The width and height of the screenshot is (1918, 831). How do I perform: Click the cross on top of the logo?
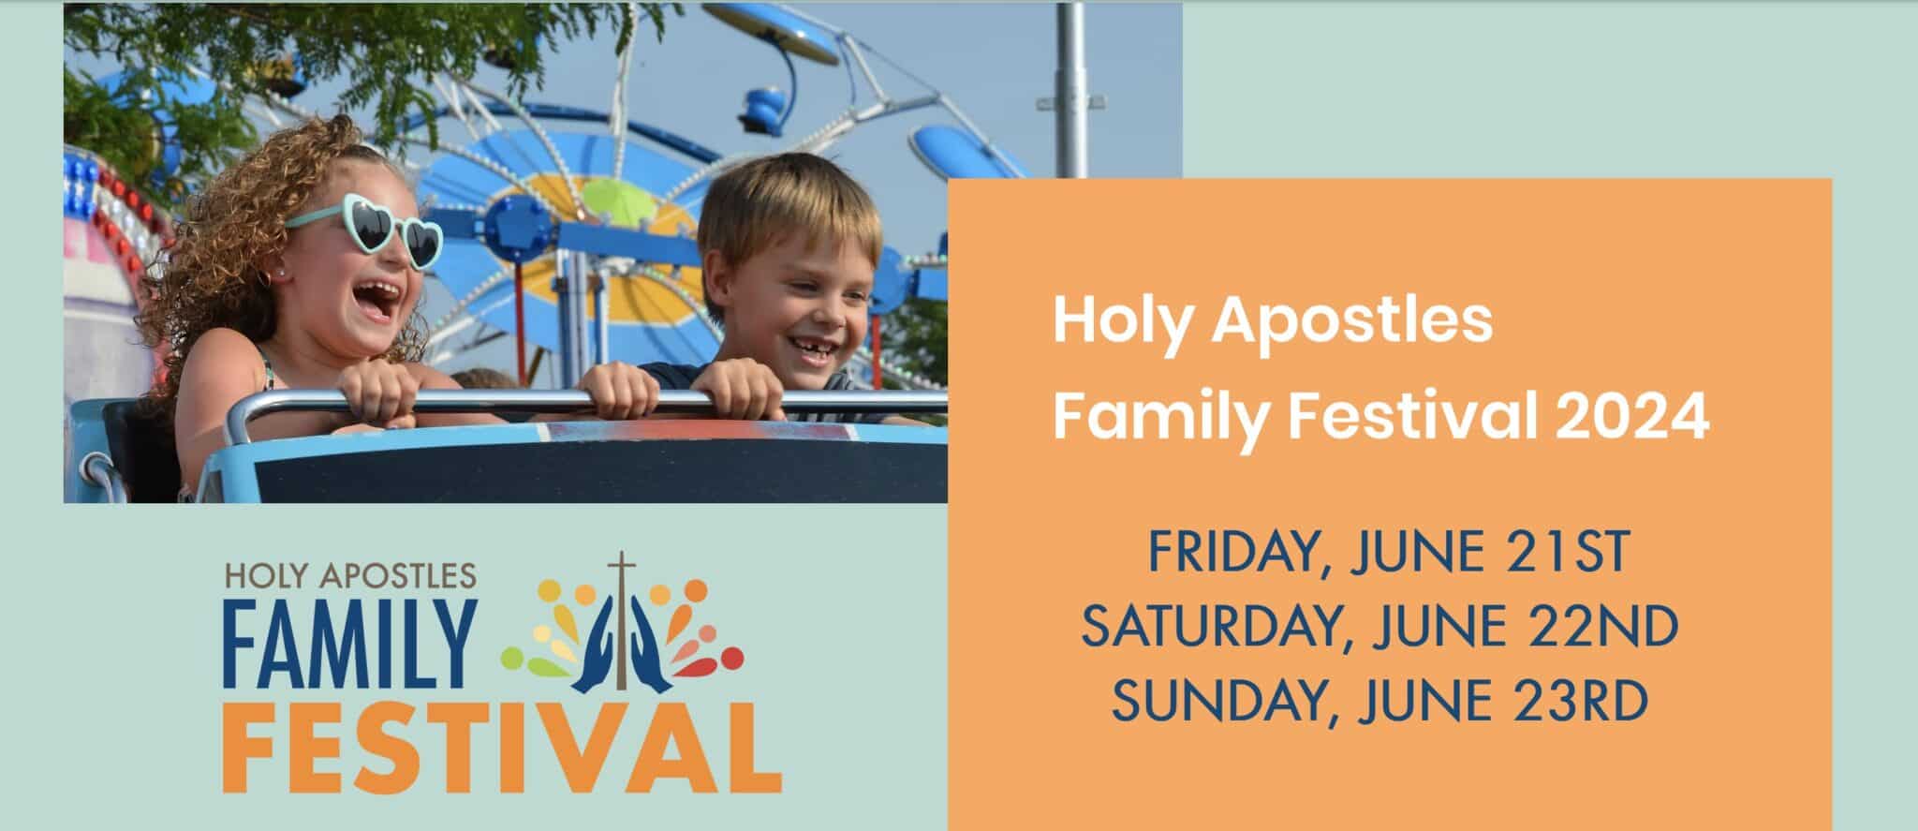click(618, 576)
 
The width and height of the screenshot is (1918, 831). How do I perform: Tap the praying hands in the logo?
click(618, 646)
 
